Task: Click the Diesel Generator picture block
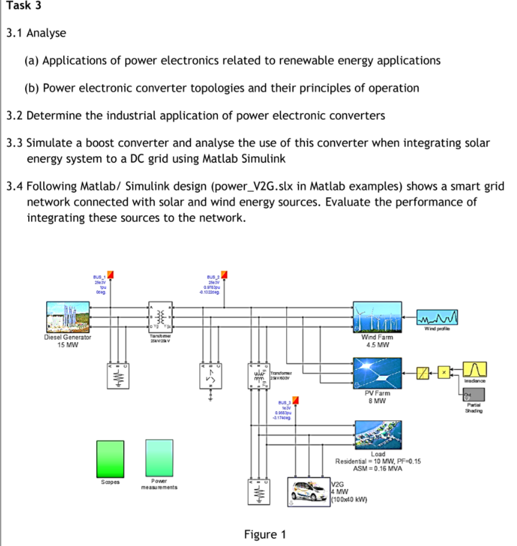pos(68,317)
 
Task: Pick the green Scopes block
pos(110,458)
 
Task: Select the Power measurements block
pos(159,458)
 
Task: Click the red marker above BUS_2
pos(225,275)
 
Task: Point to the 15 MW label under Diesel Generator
pos(67,345)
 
